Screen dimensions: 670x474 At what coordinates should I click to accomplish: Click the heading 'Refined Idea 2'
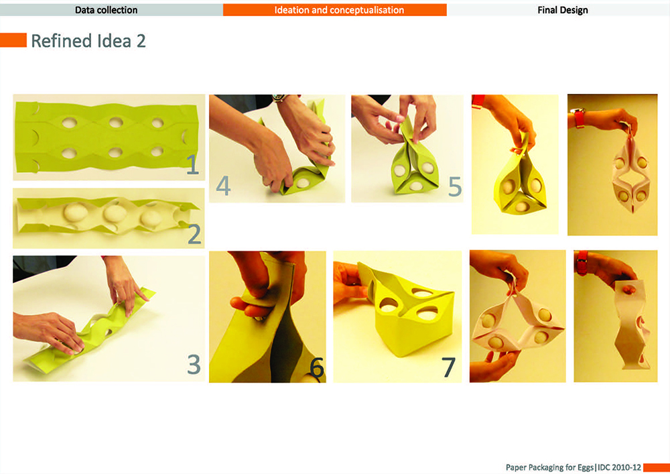(x=88, y=41)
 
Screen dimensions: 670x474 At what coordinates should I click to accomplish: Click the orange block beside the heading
(x=13, y=40)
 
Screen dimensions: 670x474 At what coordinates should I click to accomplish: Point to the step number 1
(x=193, y=165)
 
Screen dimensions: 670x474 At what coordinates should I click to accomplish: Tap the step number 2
(x=194, y=234)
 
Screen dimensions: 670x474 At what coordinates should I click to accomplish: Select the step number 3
(x=194, y=364)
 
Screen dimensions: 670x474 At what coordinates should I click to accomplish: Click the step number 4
(x=223, y=186)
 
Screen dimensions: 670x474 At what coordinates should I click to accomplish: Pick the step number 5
(x=455, y=187)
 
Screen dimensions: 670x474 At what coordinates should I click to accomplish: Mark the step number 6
(x=317, y=367)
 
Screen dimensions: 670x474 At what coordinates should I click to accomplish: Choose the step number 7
(x=448, y=367)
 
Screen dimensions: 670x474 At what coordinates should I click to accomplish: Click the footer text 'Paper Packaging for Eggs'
(x=549, y=467)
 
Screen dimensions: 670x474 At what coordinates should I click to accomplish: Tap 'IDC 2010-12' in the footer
(x=620, y=467)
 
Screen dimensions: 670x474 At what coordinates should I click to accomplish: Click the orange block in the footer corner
(x=657, y=467)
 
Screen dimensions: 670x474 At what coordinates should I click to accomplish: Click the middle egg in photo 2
(x=115, y=213)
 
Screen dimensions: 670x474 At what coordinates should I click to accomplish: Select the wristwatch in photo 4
(x=279, y=98)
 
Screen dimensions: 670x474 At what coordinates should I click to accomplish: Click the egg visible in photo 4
(x=303, y=183)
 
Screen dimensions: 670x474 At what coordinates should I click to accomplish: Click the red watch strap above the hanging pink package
(x=580, y=118)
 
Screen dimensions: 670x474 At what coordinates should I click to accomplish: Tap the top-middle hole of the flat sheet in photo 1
(x=116, y=123)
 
